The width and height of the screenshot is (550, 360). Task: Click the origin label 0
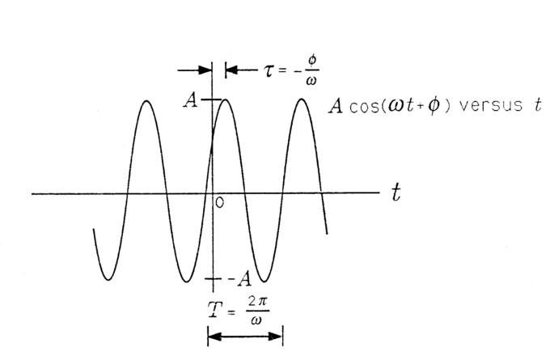tap(219, 203)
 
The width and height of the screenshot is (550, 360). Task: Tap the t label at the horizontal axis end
tap(396, 193)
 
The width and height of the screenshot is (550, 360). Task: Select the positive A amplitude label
tap(191, 100)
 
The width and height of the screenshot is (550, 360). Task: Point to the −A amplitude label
tap(241, 279)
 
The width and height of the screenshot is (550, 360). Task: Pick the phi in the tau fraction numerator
tap(312, 61)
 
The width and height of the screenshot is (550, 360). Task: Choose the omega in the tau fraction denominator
tap(311, 82)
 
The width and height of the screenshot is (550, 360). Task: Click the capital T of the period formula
tap(215, 310)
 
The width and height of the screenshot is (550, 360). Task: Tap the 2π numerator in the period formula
tap(258, 303)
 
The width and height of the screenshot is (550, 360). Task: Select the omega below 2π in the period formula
tap(256, 320)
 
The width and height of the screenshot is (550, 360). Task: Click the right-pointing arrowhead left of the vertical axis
tap(205, 70)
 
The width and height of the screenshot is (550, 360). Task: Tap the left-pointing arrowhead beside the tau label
tap(232, 70)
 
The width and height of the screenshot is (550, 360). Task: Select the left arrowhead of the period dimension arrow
tap(214, 337)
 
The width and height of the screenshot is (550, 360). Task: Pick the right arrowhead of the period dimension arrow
tap(275, 337)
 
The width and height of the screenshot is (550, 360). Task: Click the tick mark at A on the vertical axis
tap(211, 100)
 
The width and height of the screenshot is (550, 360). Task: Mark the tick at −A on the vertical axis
tap(213, 279)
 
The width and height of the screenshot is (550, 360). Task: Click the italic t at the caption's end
tap(539, 105)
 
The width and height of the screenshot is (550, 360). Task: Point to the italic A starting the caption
tap(336, 106)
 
